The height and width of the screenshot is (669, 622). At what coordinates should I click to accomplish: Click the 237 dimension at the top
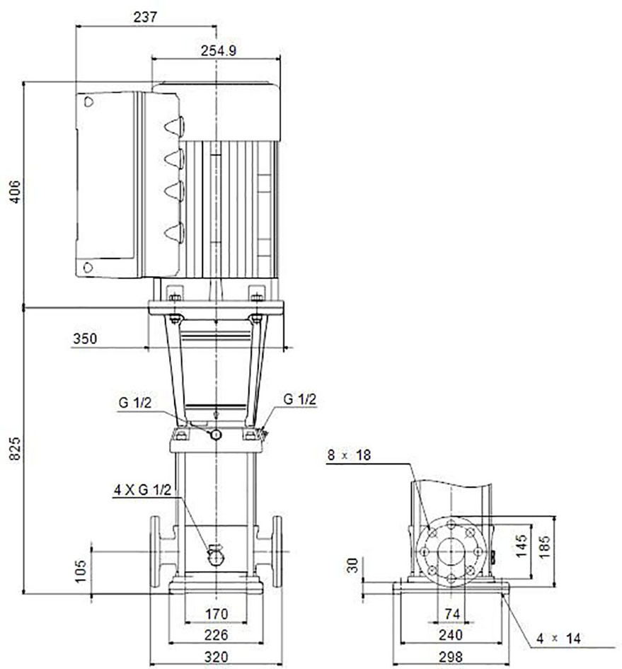coord(146,17)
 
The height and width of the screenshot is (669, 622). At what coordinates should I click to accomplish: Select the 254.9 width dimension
coord(219,51)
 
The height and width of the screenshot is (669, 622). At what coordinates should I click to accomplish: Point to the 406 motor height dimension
coord(15,192)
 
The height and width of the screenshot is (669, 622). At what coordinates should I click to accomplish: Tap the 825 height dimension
coord(15,448)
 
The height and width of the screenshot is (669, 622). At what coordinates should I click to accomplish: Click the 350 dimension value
coord(85,339)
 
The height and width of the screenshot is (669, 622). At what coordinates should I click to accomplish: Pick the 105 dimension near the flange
coord(80,571)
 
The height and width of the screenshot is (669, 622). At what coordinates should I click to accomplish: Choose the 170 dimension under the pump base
coord(217,614)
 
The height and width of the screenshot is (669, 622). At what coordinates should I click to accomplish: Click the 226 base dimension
coord(217,635)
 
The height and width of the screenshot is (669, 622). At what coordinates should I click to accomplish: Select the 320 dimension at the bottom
coord(217,657)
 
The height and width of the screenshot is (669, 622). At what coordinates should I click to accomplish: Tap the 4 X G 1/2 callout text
coord(142,490)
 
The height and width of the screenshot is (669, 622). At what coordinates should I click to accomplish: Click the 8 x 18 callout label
coord(350,455)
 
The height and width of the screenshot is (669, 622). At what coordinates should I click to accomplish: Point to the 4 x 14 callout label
coord(559,639)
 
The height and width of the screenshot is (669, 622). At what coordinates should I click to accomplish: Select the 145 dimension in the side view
coord(522,547)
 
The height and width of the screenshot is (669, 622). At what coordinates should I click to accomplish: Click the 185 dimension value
coord(545,547)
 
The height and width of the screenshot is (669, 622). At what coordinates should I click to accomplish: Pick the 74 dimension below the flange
coord(452,614)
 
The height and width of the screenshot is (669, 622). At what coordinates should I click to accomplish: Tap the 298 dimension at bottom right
coord(451,657)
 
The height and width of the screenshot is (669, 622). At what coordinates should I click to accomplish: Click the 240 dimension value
coord(451,635)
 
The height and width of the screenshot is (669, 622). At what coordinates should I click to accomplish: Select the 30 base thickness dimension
coord(352,566)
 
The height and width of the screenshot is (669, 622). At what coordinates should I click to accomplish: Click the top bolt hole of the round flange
coord(451,525)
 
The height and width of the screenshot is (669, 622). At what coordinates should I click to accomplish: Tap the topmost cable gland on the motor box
coord(175,126)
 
